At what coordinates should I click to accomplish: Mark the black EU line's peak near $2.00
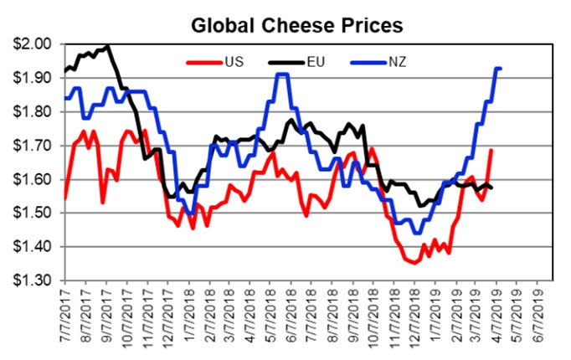pyautogui.click(x=107, y=45)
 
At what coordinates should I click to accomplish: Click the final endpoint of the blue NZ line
pyautogui.click(x=500, y=69)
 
